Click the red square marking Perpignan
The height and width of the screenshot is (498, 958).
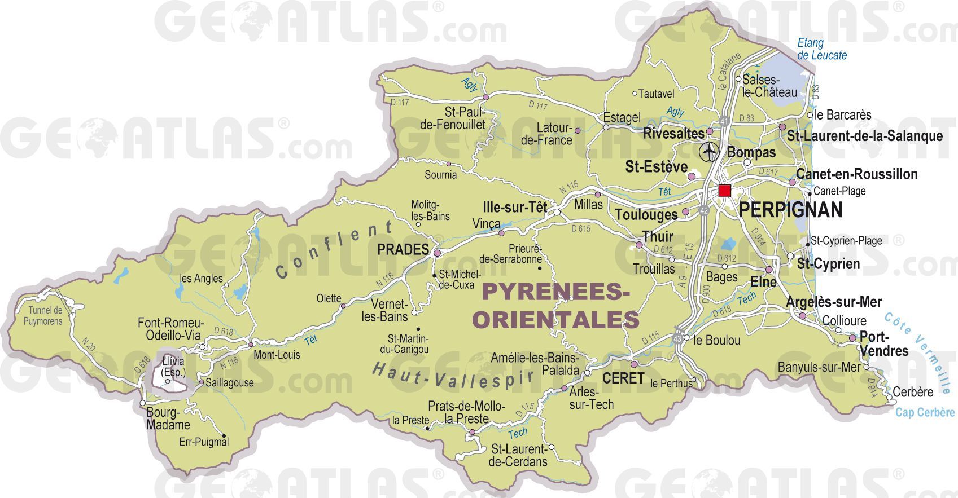724,191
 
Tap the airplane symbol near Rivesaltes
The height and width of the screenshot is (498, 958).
708,152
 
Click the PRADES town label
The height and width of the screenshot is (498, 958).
403,249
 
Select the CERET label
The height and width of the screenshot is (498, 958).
623,378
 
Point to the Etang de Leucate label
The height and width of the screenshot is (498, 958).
821,49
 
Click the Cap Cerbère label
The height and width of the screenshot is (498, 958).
924,412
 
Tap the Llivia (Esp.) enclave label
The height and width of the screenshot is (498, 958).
173,367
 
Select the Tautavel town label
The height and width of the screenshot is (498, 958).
656,94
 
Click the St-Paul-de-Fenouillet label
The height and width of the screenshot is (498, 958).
457,118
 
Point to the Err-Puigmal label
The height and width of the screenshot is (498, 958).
204,442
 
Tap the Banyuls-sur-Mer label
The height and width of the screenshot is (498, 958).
819,367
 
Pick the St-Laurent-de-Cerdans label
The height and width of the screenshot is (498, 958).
518,455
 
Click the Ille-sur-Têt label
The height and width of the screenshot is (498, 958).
515,207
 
